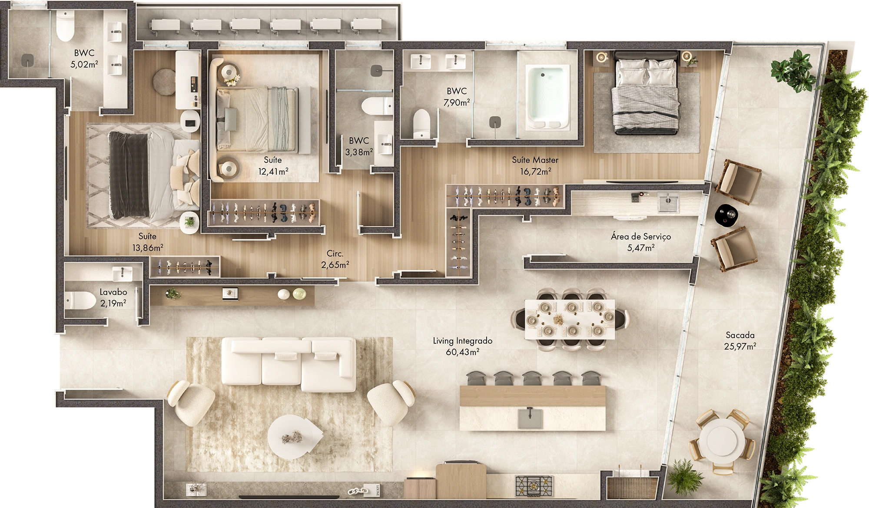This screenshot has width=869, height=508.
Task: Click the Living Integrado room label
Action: point(462,346)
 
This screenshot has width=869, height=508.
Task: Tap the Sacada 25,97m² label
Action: point(740,340)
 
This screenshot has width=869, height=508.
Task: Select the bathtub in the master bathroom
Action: point(547,97)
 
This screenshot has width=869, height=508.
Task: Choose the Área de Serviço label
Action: point(640,242)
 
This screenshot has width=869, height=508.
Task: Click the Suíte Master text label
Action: point(535,165)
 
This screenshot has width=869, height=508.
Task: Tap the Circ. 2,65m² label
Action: point(335,259)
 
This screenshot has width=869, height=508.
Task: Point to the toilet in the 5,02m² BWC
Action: point(66,26)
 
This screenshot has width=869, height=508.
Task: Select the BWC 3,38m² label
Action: point(359,146)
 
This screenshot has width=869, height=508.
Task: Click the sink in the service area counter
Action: point(668,202)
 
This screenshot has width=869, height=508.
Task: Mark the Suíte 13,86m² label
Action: point(147,242)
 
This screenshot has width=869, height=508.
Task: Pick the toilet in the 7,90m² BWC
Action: point(421,123)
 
